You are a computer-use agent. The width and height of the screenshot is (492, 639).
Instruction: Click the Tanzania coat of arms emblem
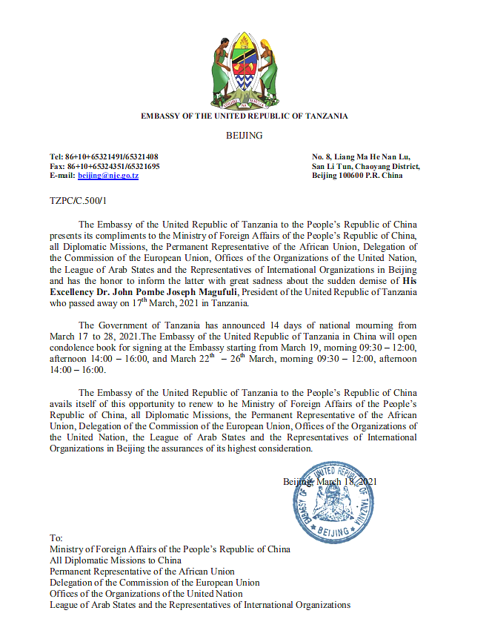(x=245, y=70)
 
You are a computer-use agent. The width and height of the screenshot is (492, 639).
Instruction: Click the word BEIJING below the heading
(x=244, y=136)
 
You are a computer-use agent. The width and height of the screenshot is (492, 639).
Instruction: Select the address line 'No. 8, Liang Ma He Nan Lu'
(x=360, y=156)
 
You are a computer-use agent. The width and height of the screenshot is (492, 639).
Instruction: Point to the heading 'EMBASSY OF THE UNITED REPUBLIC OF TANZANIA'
(x=245, y=116)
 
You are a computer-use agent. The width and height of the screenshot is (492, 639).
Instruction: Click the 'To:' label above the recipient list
(x=56, y=537)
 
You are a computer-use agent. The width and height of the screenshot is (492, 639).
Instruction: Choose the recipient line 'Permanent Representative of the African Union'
(x=142, y=572)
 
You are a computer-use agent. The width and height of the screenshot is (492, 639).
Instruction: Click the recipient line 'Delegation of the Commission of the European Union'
(x=155, y=583)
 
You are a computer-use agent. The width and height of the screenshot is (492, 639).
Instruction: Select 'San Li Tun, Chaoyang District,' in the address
(x=366, y=166)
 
